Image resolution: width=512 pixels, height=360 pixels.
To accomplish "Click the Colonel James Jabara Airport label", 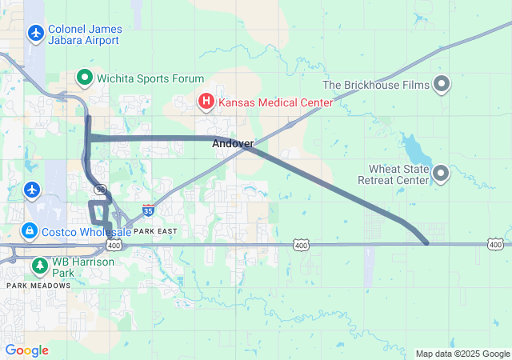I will pos(84,34).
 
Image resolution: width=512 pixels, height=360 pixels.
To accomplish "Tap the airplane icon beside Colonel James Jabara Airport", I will pos(35,34).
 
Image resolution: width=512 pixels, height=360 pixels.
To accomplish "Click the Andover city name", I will pos(233,144).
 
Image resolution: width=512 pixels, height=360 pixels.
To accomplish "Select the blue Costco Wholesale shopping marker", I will pos(30,231).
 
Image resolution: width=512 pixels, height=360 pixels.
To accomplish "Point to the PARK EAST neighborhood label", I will pos(154,231).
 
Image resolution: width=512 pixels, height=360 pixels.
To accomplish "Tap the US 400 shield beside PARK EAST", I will pos(114,245).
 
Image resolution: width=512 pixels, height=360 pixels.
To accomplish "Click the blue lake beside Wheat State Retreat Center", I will pos(414,148).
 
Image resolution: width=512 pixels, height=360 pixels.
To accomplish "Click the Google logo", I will pos(26,350).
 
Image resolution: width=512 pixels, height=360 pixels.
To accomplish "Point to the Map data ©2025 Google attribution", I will pos(462,354).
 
